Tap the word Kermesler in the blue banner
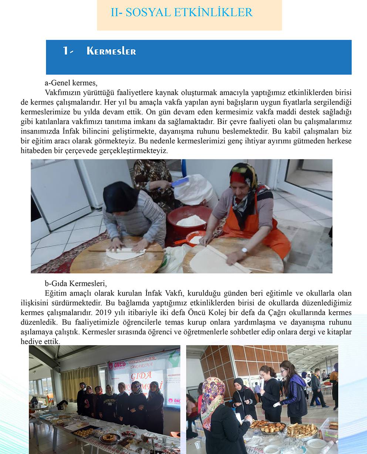click(111, 51)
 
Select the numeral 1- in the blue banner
click(68, 51)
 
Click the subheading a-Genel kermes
click(71, 83)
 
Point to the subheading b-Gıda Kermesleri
click(75, 284)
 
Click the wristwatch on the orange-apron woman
click(244, 250)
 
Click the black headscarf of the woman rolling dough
click(120, 196)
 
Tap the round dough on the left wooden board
click(125, 254)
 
